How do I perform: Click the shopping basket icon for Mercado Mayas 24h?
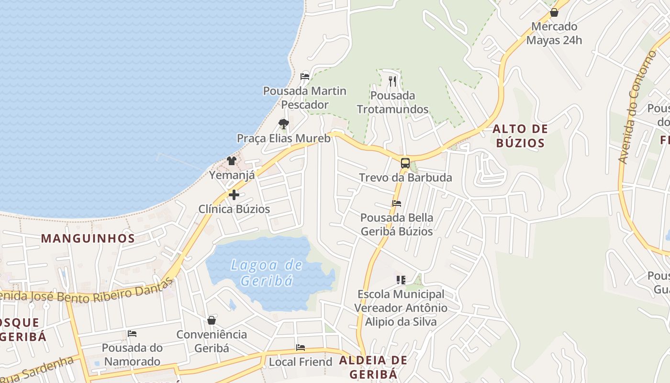pos(554,12)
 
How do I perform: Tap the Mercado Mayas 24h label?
pos(554,33)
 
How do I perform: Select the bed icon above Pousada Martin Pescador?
pos(305,76)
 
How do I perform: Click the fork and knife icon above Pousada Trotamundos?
pos(392,81)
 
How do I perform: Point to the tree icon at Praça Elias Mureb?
pos(284,124)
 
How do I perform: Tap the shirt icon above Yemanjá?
pos(232,160)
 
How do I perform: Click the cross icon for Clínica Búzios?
pos(234,195)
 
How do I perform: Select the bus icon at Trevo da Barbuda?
pos(405,163)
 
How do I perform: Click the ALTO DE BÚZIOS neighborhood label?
pos(520,135)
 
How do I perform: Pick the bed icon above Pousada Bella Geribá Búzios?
pos(397,203)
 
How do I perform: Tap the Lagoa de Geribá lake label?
pos(267,272)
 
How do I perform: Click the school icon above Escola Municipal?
pos(401,280)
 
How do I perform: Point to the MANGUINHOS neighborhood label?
pos(88,238)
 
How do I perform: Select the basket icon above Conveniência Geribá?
pos(212,320)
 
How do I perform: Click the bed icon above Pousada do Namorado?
pos(132,333)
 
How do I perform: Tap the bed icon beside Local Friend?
pos(301,347)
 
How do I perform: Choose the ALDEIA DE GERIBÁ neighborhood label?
pos(373,367)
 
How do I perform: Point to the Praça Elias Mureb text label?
pos(284,138)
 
